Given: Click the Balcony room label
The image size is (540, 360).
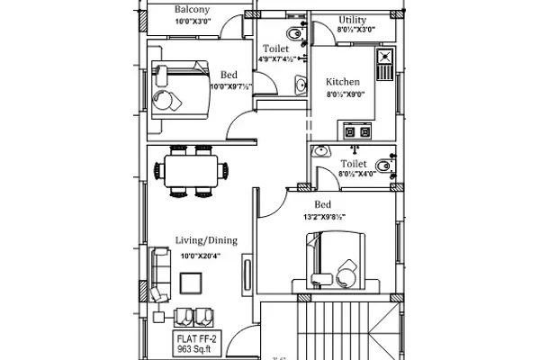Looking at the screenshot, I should coord(192,9).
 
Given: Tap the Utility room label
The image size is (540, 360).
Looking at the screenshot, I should coord(352,20).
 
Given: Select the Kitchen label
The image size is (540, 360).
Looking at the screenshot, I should coord(342,82).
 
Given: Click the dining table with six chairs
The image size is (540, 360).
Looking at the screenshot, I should coord(190,171).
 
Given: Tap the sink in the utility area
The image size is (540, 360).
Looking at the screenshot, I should coord(383,63).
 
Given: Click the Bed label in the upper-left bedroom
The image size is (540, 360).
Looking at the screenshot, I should coord(229,75).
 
